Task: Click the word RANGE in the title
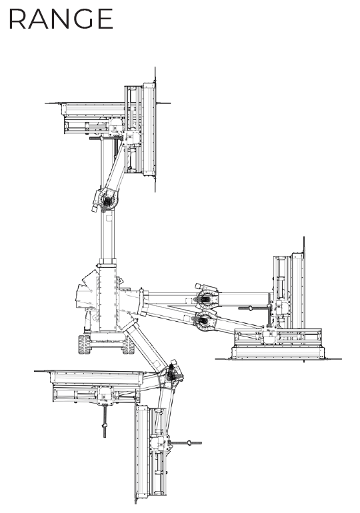point(61,19)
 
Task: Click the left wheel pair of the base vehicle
point(85,344)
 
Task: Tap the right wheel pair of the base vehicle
point(128,345)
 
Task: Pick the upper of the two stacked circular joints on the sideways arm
point(206,298)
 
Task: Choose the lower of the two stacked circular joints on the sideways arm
point(205,320)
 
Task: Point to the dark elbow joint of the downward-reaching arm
point(172,374)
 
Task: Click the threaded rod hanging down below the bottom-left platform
point(105,421)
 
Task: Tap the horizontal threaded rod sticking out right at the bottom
point(185,443)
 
